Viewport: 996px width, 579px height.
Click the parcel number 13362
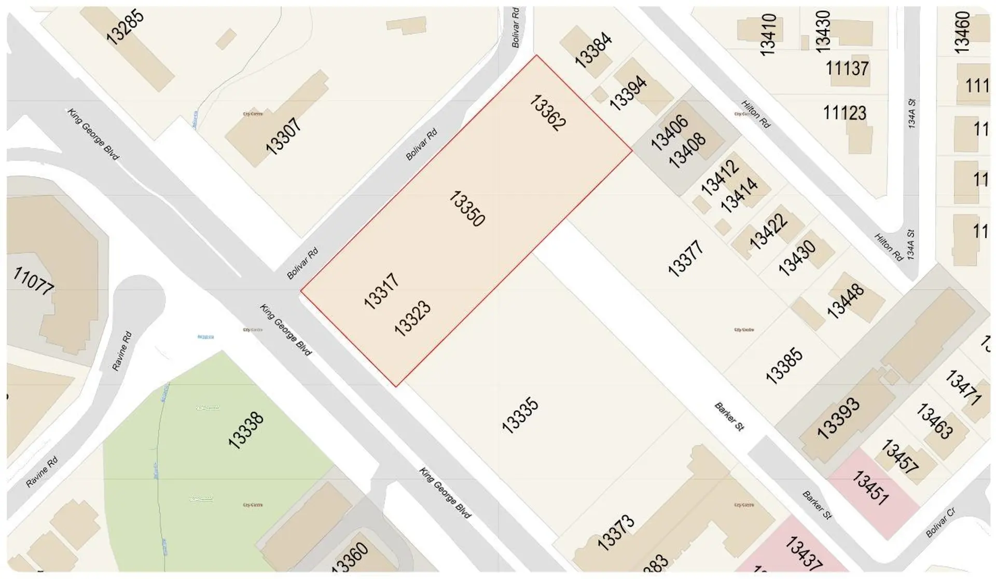pyautogui.click(x=548, y=113)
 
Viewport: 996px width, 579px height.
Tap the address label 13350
pyautogui.click(x=466, y=209)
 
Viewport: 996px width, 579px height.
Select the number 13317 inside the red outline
pyautogui.click(x=381, y=291)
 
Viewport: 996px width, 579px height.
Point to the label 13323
pyautogui.click(x=412, y=318)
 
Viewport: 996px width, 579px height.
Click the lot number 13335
pyautogui.click(x=520, y=415)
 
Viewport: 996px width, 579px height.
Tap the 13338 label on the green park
pyautogui.click(x=246, y=430)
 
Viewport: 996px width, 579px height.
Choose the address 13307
pyautogui.click(x=283, y=136)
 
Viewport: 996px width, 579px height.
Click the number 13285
pyautogui.click(x=125, y=27)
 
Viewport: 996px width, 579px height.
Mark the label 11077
pyautogui.click(x=33, y=281)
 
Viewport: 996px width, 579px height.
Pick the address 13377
pyautogui.click(x=686, y=258)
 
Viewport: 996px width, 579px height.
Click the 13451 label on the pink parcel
pyautogui.click(x=870, y=488)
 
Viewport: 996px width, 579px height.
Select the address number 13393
pyautogui.click(x=838, y=418)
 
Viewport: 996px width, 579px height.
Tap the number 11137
pyautogui.click(x=847, y=68)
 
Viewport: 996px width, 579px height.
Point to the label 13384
pyautogui.click(x=593, y=50)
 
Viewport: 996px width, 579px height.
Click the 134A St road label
pyautogui.click(x=911, y=114)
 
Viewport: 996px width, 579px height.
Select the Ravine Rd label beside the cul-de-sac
pyautogui.click(x=122, y=351)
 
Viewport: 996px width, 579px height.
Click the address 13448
pyautogui.click(x=845, y=301)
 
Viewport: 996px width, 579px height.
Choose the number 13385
pyautogui.click(x=784, y=366)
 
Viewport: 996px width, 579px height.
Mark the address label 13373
pyautogui.click(x=616, y=532)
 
